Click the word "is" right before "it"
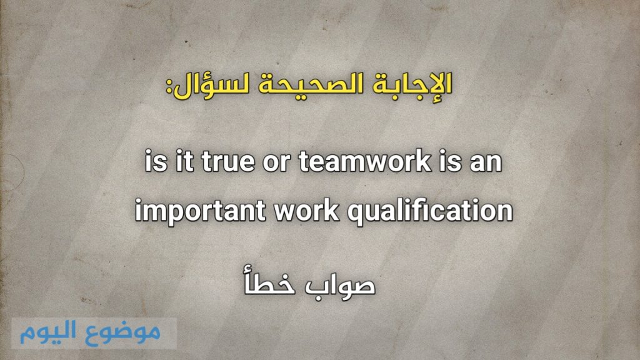point(152,164)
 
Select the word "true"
point(226,164)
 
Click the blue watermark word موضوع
point(127,331)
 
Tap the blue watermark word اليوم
point(51,331)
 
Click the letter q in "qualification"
point(354,215)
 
